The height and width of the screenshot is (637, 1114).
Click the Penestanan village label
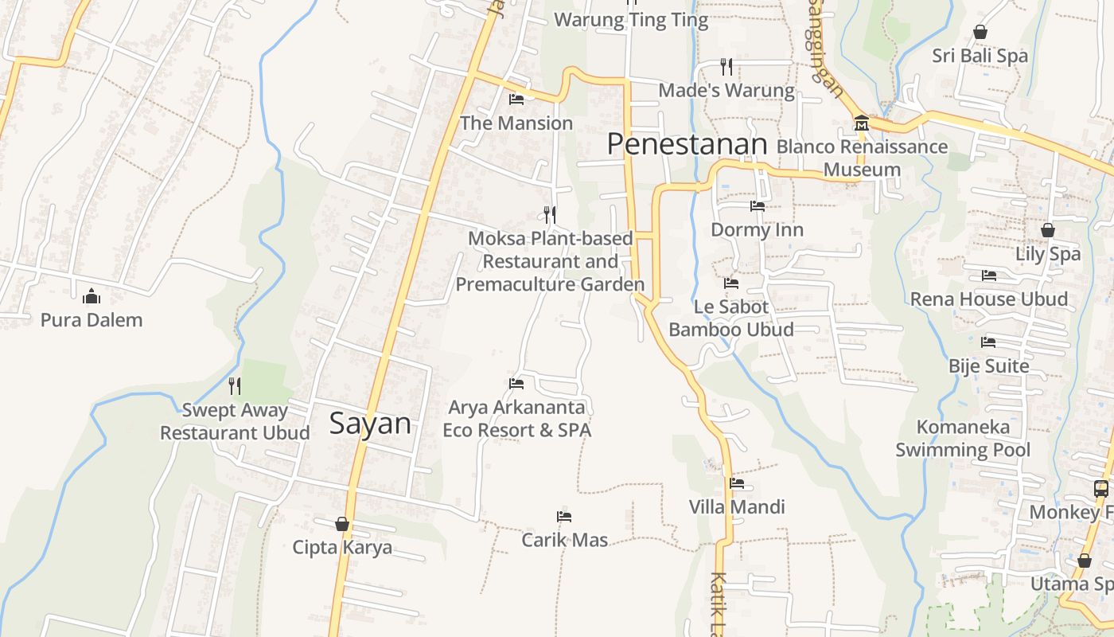[687, 144]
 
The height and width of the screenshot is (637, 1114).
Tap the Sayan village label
[370, 424]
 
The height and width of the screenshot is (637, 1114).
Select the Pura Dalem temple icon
[92, 296]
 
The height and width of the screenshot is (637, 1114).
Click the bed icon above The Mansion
[516, 100]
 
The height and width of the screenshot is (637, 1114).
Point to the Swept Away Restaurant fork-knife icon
[235, 386]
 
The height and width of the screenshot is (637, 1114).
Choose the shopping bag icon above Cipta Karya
[342, 524]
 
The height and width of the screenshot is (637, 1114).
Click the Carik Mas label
[565, 540]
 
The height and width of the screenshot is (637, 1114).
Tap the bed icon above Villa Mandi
[737, 483]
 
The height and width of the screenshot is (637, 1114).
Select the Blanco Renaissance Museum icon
[862, 123]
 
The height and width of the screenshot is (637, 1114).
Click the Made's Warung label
[726, 91]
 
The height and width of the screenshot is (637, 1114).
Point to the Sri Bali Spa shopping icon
[980, 32]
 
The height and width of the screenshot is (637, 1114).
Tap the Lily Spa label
[1048, 254]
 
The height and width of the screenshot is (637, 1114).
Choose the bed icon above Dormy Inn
[758, 206]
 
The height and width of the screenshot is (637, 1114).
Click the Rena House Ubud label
[989, 299]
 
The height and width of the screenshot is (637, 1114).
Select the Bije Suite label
[989, 366]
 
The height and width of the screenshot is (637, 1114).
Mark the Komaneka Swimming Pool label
[963, 439]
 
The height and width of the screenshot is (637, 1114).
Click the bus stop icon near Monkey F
[1101, 489]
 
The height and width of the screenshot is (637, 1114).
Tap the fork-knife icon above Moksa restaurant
[549, 214]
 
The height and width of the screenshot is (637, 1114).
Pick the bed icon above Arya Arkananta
[516, 384]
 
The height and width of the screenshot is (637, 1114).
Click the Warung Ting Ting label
[631, 20]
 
